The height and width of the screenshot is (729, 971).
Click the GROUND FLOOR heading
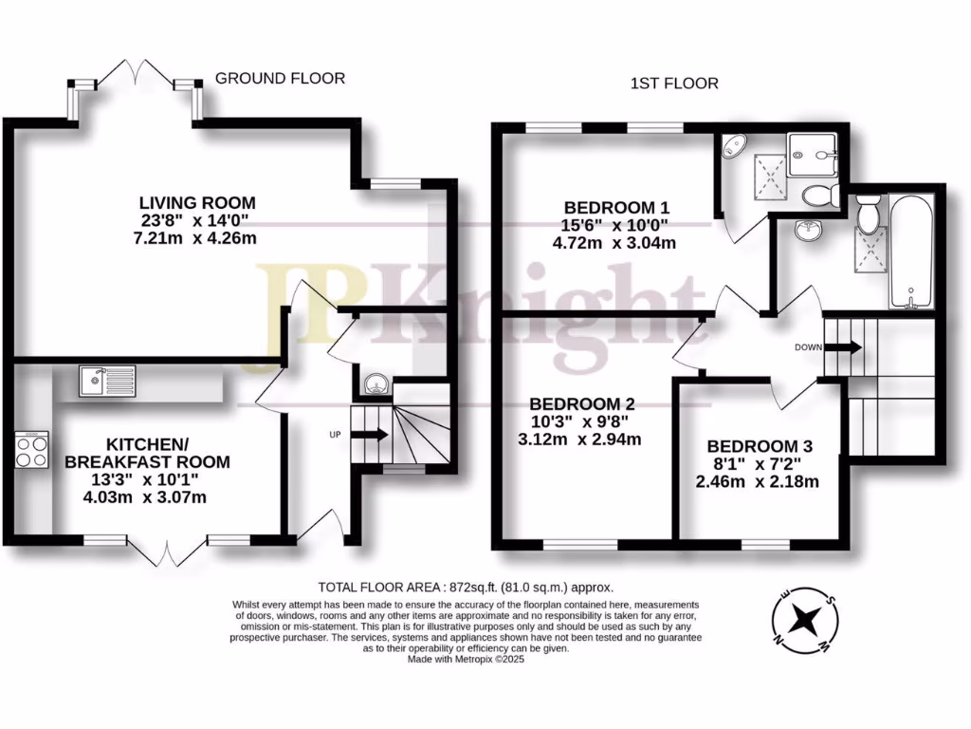coord(280,78)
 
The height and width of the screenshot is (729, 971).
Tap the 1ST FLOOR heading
coord(674,84)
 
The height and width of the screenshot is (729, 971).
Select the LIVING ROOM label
coord(197,202)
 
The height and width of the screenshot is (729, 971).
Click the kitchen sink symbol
coord(107,380)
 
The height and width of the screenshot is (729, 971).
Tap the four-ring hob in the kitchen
coord(31,449)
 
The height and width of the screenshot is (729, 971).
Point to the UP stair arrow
coord(369,434)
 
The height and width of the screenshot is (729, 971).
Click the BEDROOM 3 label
coord(760,446)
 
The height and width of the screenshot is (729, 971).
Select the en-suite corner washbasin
coord(732,147)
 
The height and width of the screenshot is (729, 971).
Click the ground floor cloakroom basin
coord(376,383)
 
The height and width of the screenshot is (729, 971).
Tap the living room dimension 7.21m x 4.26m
coord(197,237)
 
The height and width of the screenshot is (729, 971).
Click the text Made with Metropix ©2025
coord(466,659)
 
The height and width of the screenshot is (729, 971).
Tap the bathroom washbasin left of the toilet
coord(808,229)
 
